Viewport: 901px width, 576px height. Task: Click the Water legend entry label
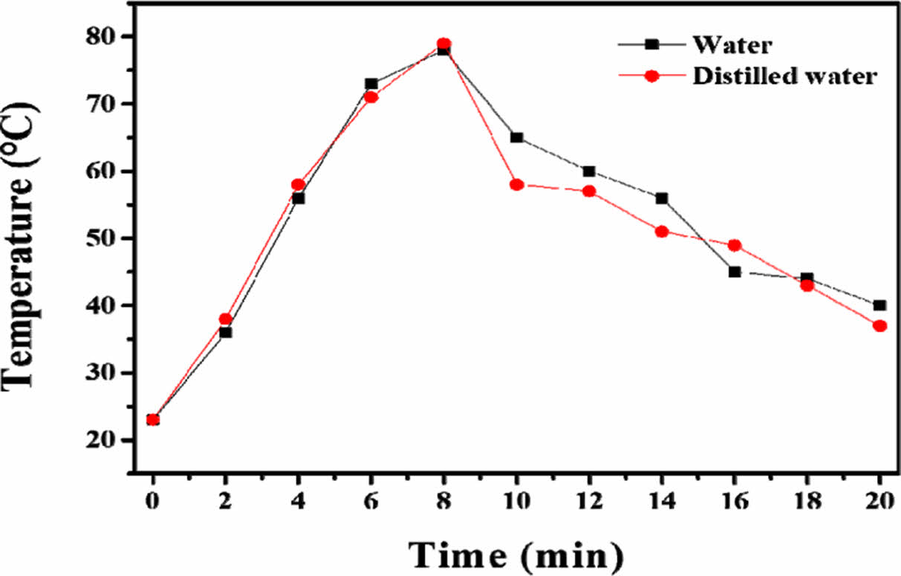pos(732,45)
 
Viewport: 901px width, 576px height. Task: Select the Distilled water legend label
pos(784,76)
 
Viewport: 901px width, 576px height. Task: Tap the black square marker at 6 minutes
pos(371,84)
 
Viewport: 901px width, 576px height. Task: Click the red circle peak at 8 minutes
pos(443,44)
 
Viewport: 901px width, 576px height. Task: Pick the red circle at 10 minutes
pos(516,185)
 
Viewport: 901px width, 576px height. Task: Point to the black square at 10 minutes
pos(516,137)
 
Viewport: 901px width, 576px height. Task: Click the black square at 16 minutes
pos(735,272)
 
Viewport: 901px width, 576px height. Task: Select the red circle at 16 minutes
pos(735,245)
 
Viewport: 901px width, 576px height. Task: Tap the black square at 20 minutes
pos(879,305)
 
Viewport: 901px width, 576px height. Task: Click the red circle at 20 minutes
pos(879,326)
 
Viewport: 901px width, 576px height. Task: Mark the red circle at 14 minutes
pos(662,232)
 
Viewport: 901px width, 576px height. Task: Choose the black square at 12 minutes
pos(589,171)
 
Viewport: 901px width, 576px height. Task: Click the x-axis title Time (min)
pos(516,554)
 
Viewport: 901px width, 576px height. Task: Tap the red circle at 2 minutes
pos(226,319)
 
